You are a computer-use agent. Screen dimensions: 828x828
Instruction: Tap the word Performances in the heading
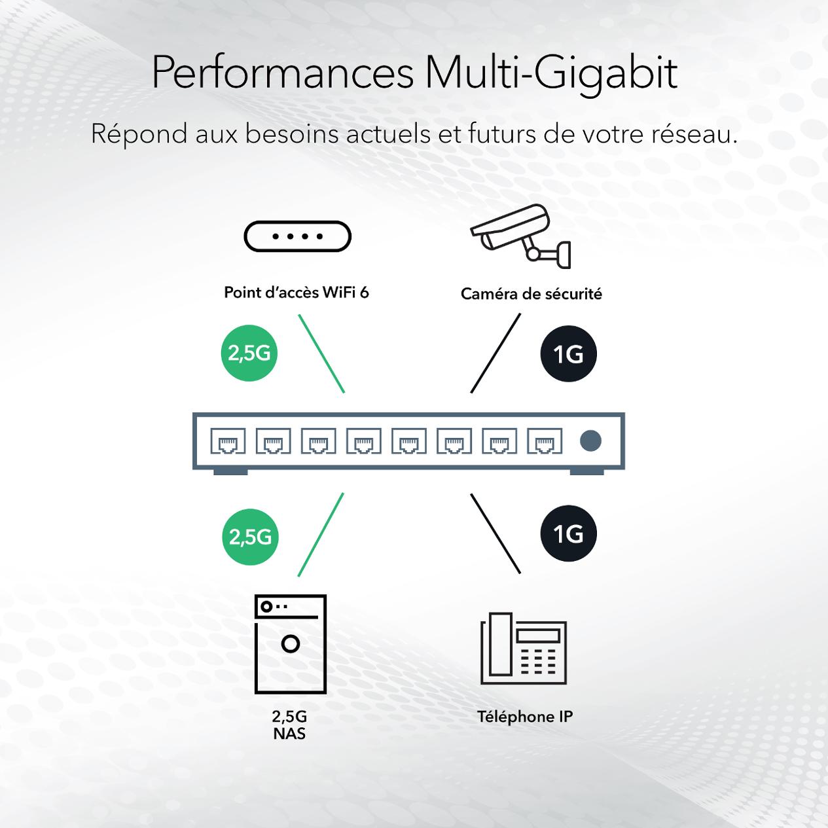[283, 73]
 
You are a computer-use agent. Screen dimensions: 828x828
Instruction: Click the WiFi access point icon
[297, 236]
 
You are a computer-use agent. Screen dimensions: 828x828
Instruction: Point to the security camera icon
[520, 236]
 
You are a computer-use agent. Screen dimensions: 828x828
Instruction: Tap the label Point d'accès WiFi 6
[297, 292]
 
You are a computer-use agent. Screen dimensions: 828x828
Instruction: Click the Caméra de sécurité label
[531, 294]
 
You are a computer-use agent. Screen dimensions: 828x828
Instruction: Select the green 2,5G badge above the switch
[249, 353]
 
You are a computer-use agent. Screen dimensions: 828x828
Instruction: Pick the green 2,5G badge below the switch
[250, 537]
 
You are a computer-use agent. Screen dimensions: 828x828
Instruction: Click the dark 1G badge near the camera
[568, 354]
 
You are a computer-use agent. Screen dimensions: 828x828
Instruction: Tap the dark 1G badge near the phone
[568, 534]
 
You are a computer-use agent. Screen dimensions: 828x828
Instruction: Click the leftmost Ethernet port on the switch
[228, 441]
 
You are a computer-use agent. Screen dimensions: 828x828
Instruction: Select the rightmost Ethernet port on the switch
[545, 441]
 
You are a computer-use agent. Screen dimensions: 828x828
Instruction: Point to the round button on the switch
[590, 441]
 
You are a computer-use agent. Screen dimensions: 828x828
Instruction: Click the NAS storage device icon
[290, 644]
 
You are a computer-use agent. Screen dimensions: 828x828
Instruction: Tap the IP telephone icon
[524, 648]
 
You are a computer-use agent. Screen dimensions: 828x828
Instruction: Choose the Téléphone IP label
[525, 717]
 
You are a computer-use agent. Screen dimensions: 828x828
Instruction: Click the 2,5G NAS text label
[289, 725]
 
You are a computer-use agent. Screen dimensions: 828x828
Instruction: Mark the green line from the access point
[321, 353]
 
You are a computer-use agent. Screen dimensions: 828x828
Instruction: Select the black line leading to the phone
[495, 533]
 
